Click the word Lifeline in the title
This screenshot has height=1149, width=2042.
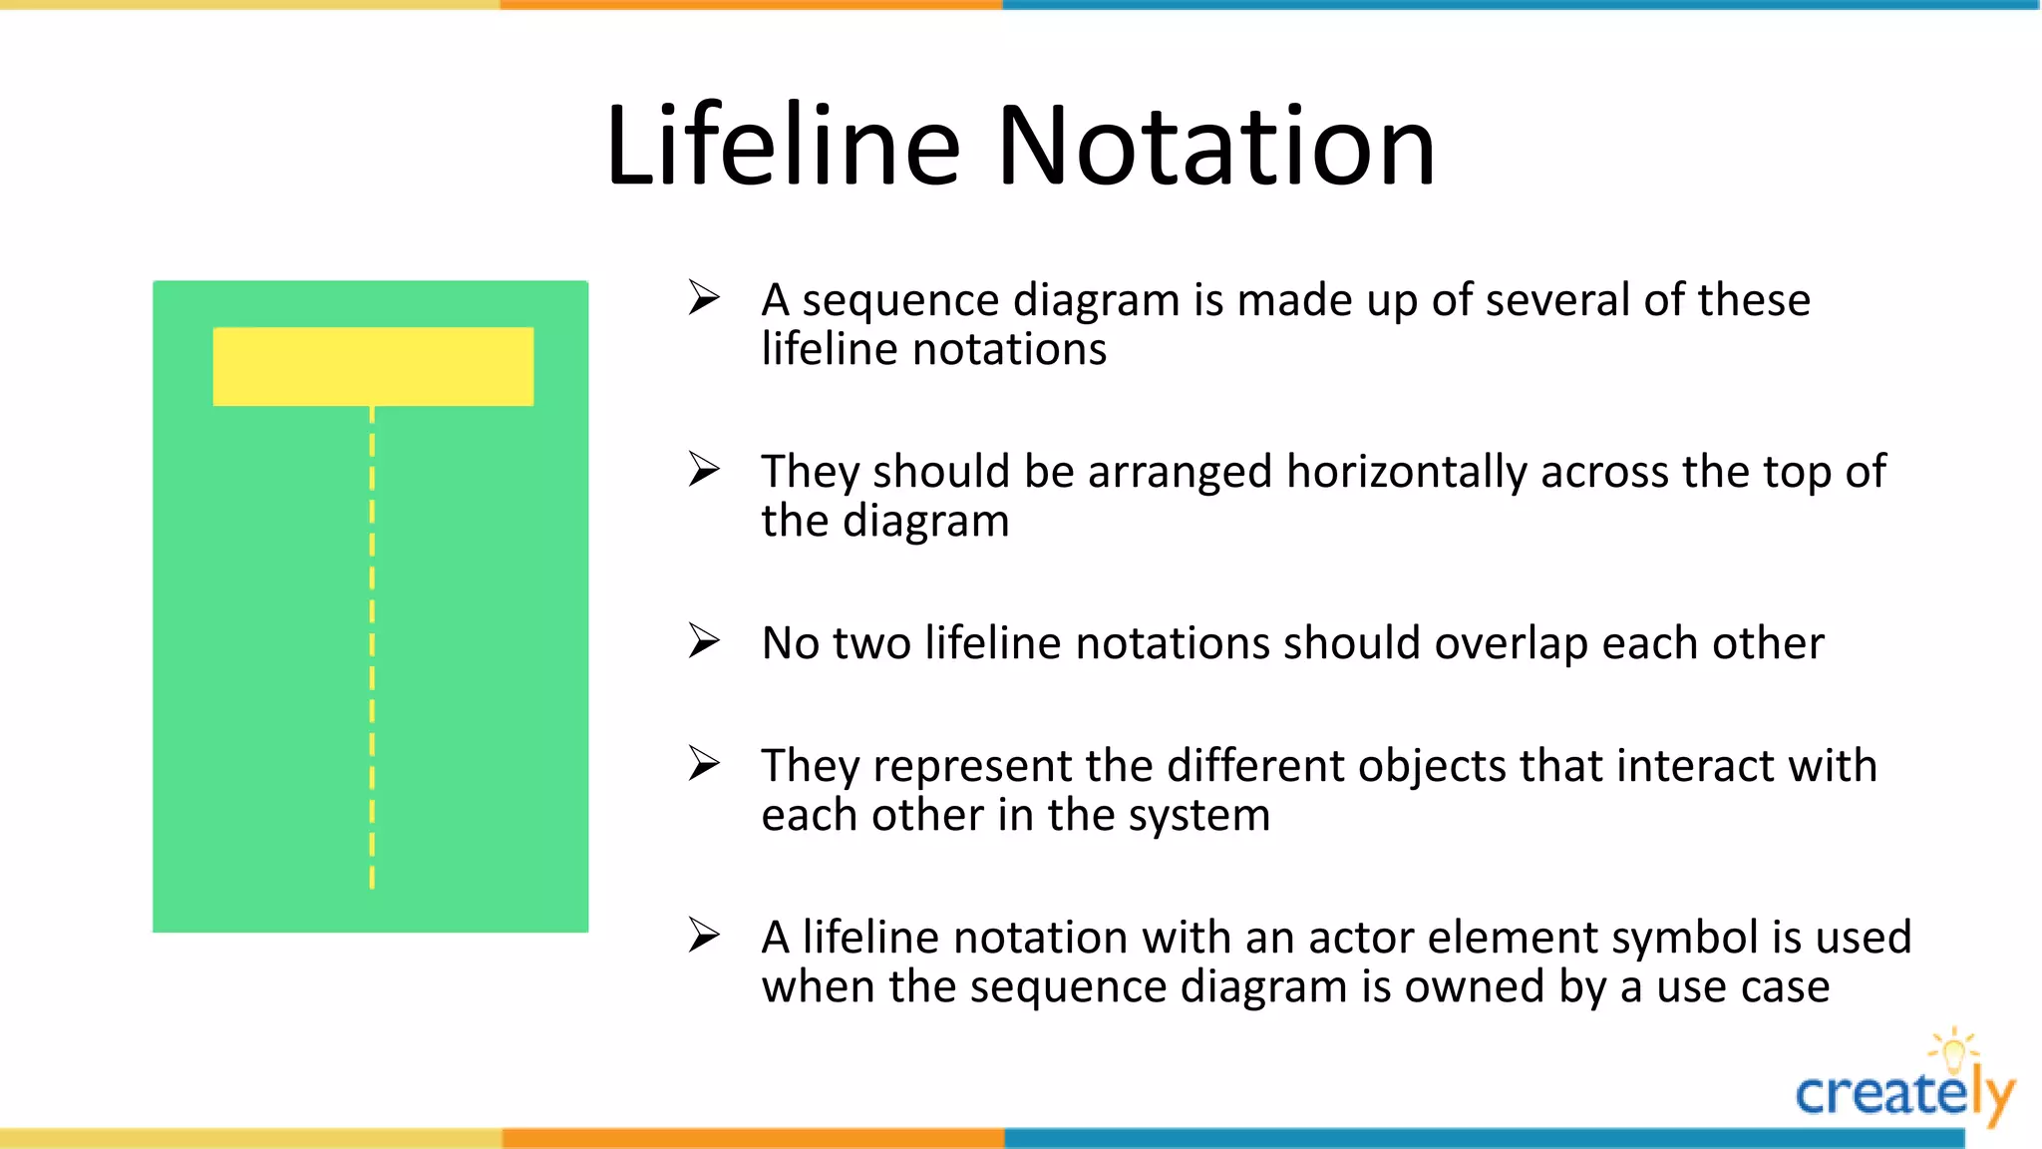coord(783,147)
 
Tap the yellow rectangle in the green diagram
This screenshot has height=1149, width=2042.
coord(373,366)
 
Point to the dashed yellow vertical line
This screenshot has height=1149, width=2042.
coord(372,648)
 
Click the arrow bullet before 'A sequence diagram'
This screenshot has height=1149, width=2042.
coord(704,297)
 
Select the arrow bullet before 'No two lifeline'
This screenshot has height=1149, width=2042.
coord(704,641)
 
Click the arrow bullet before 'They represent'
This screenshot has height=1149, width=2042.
coord(704,764)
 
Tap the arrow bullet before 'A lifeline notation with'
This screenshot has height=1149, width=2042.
coord(704,936)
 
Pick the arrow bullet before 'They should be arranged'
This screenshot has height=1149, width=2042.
coord(704,469)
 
